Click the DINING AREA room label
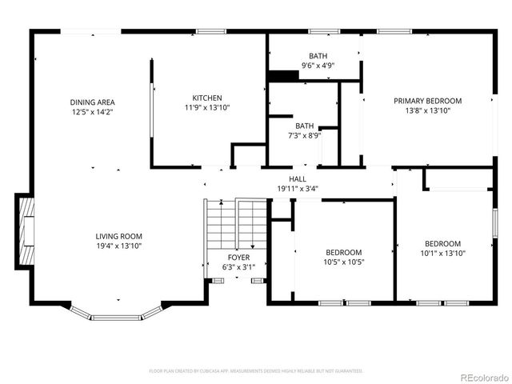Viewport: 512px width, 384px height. tap(93, 102)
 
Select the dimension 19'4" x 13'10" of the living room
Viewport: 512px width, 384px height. tap(118, 247)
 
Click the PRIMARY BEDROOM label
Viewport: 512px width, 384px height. tap(427, 101)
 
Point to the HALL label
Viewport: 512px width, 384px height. tap(298, 179)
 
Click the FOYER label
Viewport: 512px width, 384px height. tap(238, 258)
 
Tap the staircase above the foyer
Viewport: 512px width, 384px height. tap(236, 224)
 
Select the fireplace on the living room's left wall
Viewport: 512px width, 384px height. tap(26, 231)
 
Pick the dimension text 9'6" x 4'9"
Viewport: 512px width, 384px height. tap(318, 66)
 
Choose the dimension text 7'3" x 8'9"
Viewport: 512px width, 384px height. tap(305, 136)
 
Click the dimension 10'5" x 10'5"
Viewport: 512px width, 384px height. tap(343, 262)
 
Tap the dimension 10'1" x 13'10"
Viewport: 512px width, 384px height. tap(442, 254)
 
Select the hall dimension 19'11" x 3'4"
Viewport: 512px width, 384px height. tap(298, 189)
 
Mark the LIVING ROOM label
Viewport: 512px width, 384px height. tap(118, 237)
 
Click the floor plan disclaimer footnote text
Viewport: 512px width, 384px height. tap(256, 371)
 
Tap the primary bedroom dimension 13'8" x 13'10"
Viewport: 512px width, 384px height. tap(427, 111)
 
